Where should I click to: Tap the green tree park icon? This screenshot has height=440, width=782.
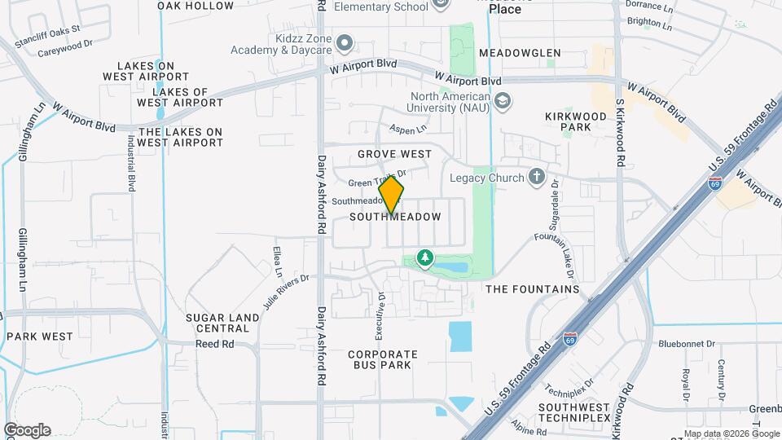point(424,259)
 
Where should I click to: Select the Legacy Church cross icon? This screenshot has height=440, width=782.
point(536,176)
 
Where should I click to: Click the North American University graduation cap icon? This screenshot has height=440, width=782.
point(503,101)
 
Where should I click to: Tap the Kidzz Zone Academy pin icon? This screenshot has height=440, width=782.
point(345,42)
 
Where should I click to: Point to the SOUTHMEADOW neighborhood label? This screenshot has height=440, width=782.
point(395,218)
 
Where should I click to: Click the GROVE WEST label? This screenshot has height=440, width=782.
point(394,154)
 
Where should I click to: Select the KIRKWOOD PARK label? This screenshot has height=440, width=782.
point(576,122)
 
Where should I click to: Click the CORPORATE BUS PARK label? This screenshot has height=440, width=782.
point(383,360)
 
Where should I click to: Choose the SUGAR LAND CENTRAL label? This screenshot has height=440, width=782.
point(217,323)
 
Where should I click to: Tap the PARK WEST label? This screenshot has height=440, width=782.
point(40,337)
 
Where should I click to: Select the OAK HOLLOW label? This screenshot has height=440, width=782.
point(195,6)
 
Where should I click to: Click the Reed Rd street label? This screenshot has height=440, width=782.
point(214,344)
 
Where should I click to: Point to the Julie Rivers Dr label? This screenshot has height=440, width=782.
point(287,291)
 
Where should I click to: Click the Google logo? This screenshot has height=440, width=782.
point(27,430)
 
